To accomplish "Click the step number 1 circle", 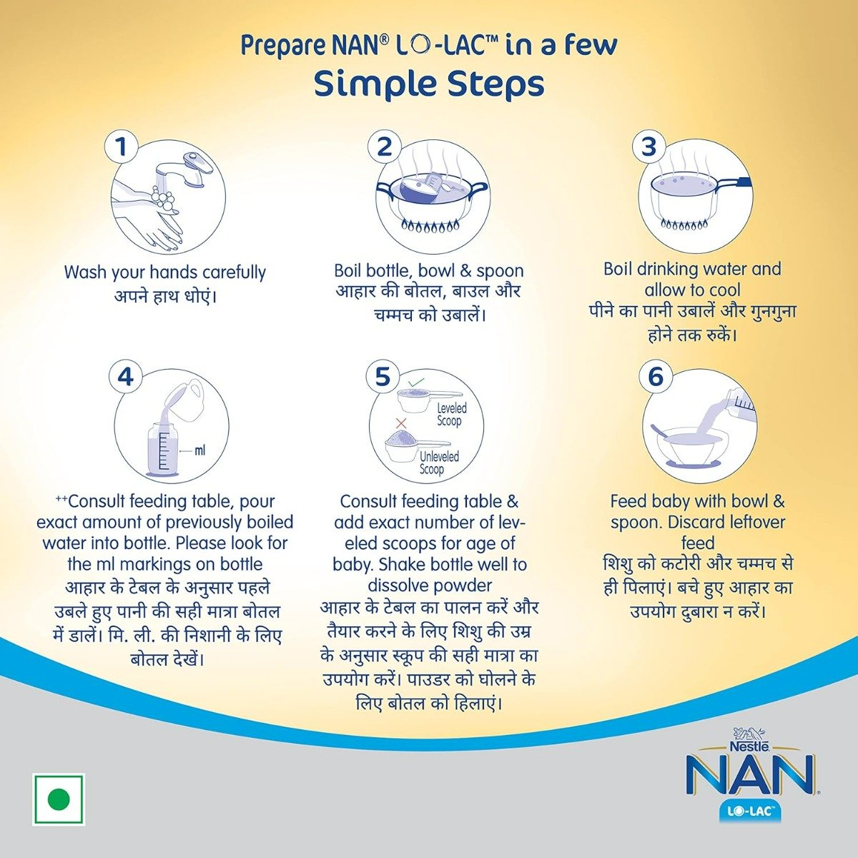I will (x=122, y=147).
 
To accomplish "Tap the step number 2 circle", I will (x=385, y=147).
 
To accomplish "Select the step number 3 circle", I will (x=649, y=147).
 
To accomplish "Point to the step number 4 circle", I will (x=126, y=377).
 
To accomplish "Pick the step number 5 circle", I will (x=383, y=377).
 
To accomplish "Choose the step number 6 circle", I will (x=656, y=377).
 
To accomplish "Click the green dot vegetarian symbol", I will (x=59, y=799).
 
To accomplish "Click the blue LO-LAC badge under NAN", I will (x=749, y=812).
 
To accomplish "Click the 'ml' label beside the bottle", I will (x=199, y=450).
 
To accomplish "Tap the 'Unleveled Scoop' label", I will (x=438, y=463).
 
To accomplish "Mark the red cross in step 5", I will (x=401, y=423).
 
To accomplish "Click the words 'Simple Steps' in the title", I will (x=429, y=84).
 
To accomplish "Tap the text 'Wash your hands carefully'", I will (x=164, y=272).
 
